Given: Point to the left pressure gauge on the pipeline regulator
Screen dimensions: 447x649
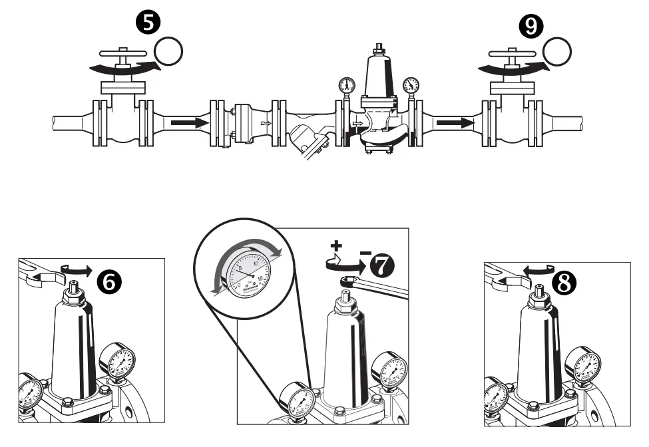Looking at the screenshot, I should pyautogui.click(x=347, y=85).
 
